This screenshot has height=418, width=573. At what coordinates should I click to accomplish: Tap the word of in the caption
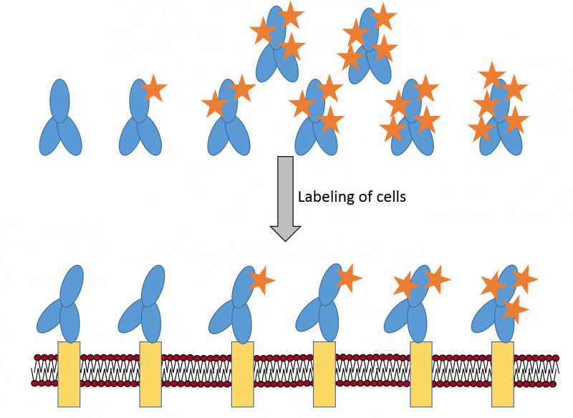click(x=367, y=196)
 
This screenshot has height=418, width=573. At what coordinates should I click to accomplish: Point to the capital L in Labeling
click(x=302, y=196)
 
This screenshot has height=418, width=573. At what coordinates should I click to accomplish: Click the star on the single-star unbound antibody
click(x=153, y=89)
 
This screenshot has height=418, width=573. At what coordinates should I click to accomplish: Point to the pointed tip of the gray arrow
click(x=285, y=240)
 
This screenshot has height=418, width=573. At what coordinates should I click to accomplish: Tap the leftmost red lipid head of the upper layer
click(x=38, y=357)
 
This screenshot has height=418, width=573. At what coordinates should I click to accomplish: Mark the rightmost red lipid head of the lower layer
click(x=556, y=384)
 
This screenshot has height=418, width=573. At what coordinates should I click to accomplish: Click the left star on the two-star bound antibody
click(x=406, y=285)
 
